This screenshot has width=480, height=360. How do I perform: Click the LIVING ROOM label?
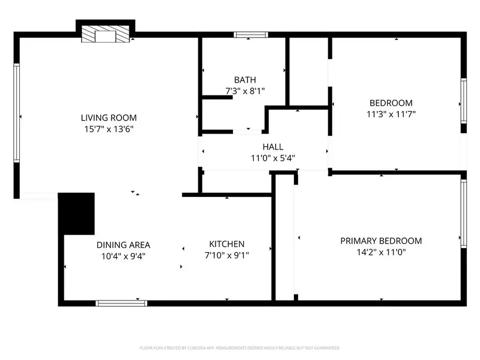point(108,118)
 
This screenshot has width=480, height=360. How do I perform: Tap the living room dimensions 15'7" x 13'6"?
point(108,129)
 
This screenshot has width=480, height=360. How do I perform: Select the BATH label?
point(245,80)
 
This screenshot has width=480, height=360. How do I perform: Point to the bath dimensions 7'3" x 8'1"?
point(245,91)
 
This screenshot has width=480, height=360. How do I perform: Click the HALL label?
point(273,147)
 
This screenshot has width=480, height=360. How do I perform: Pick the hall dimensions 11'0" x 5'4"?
point(273,158)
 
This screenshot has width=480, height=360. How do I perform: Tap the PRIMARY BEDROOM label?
point(381,241)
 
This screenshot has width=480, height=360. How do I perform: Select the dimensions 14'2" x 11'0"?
point(381,253)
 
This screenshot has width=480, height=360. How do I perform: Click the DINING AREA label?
point(123,245)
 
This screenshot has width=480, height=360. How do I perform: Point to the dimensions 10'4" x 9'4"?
point(123,256)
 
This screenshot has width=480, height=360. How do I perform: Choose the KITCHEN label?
point(227,244)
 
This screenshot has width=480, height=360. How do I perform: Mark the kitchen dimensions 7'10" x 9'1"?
point(227,255)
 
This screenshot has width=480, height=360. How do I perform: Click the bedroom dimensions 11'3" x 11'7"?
point(391,114)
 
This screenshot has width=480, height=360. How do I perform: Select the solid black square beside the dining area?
point(76,213)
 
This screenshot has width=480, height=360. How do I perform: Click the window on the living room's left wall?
point(17,113)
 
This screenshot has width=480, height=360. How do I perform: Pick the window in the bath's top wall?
point(250,35)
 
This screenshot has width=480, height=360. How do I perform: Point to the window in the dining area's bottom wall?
point(121,303)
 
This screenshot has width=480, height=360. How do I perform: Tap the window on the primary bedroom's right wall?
point(463,213)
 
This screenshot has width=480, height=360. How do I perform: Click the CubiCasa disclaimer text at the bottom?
point(239,348)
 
